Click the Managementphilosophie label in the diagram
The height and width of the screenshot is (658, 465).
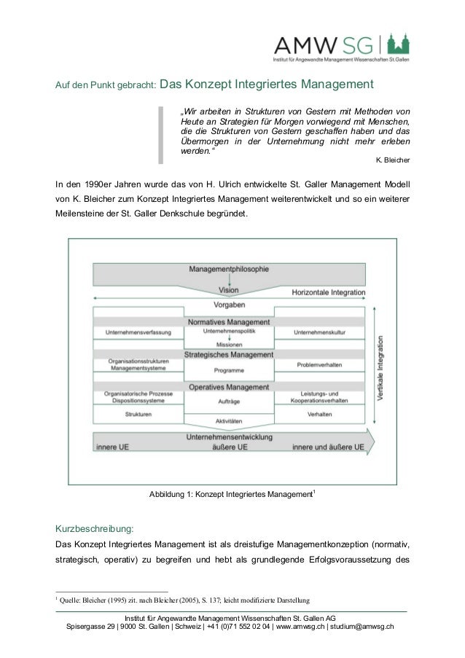229,269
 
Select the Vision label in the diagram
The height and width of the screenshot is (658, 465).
228,290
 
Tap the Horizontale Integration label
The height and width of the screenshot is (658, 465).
328,292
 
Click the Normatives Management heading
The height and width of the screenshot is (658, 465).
229,321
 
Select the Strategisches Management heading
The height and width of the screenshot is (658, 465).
229,354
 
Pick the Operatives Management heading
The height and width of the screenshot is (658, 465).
229,387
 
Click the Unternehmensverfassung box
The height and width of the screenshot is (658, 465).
138,332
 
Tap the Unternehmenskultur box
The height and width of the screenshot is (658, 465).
319,332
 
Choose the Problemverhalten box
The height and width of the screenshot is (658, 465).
319,364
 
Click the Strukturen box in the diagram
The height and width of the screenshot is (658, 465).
138,414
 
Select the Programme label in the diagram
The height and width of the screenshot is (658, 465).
229,370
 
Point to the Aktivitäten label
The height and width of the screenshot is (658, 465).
229,422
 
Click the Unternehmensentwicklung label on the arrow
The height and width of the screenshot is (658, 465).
229,437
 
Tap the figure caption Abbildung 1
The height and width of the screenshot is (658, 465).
232,495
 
